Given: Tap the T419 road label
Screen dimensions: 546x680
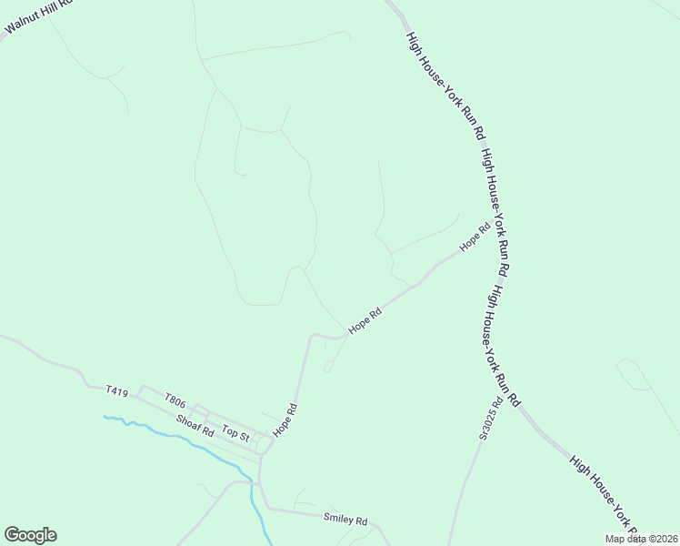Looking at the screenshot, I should pos(116,391).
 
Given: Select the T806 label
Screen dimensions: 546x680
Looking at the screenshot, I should pos(175,400).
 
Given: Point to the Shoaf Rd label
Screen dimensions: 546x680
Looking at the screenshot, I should pos(195,427).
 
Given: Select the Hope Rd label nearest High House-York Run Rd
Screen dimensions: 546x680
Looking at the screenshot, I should pos(475,238).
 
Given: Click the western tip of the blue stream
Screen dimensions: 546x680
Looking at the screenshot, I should pos(105,417).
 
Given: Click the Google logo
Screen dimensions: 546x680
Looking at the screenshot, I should pos(30,535).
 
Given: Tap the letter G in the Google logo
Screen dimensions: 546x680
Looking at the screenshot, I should pos(11,535).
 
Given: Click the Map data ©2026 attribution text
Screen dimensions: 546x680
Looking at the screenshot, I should pos(641,539).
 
